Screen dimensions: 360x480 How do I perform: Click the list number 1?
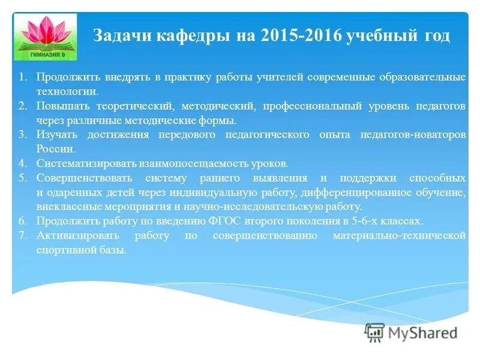22,77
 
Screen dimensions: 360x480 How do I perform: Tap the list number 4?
22,163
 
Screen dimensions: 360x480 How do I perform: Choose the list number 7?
22,235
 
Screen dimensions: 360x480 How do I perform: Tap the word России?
56,149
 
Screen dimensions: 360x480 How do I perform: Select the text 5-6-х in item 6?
366,221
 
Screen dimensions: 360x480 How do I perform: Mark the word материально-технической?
399,235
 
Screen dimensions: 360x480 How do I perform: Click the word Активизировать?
76,235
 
